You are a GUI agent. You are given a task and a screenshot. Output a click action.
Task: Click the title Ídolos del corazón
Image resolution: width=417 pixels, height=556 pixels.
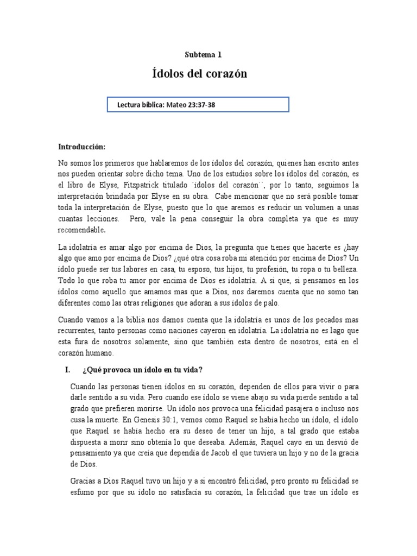[x=199, y=74]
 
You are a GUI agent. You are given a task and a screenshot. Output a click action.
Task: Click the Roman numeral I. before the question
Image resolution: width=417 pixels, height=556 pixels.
[x=68, y=370]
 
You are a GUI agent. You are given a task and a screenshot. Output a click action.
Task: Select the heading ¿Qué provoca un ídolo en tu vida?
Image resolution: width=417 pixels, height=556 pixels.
[x=142, y=370]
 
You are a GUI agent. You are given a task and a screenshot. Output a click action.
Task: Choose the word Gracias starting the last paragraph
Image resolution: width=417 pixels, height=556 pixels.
[x=85, y=482]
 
